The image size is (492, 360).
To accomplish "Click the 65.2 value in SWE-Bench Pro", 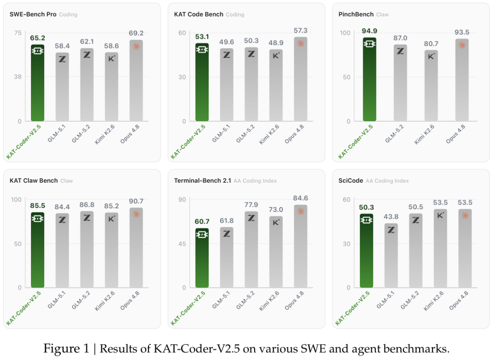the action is click(38, 38).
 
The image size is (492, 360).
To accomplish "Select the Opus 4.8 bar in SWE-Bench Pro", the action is click(136, 80).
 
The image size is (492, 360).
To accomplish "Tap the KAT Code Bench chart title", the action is click(199, 15).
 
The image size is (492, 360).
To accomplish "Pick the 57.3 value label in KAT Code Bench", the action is click(301, 31).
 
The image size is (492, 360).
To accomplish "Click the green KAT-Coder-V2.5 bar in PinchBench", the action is click(369, 79).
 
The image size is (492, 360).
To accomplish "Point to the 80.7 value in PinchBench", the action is click(431, 44).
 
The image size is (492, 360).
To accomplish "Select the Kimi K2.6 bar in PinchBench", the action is click(431, 86).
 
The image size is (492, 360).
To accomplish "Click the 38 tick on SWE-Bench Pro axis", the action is click(18, 77).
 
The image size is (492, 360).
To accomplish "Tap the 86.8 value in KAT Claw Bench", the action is click(87, 205).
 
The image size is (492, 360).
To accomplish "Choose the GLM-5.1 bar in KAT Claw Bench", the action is click(62, 251).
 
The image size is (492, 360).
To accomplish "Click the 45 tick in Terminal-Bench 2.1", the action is click(182, 243).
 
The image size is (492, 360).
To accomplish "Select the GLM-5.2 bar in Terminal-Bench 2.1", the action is click(251, 250).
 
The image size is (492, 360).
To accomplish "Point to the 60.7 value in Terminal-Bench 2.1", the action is click(202, 221).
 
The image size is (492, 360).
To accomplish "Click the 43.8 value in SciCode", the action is click(391, 216).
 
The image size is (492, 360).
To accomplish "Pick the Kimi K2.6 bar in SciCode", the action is click(441, 248).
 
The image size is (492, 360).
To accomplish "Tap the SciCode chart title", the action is click(351, 181).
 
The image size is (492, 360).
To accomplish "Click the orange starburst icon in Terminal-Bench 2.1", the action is click(301, 211).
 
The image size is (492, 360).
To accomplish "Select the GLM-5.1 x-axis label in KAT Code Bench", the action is click(221, 134).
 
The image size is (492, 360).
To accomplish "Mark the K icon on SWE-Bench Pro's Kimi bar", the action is click(112, 58).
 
